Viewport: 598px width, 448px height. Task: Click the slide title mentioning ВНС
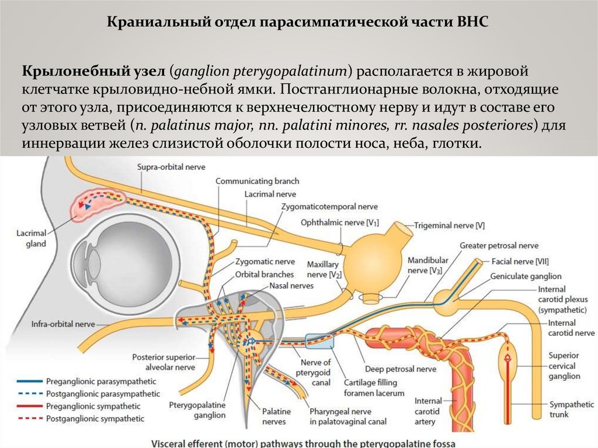pyautogui.click(x=298, y=23)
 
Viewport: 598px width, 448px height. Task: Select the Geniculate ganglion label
pyautogui.click(x=526, y=276)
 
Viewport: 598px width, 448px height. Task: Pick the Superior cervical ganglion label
pyautogui.click(x=564, y=366)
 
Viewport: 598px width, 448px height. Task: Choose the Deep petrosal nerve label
pyautogui.click(x=401, y=369)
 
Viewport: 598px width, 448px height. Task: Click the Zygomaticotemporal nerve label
pyautogui.click(x=329, y=206)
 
